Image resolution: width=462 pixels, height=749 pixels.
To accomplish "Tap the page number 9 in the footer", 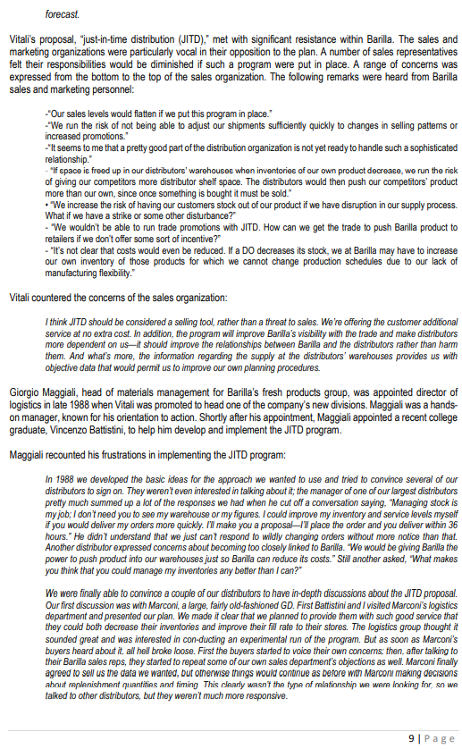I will coord(411,737).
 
